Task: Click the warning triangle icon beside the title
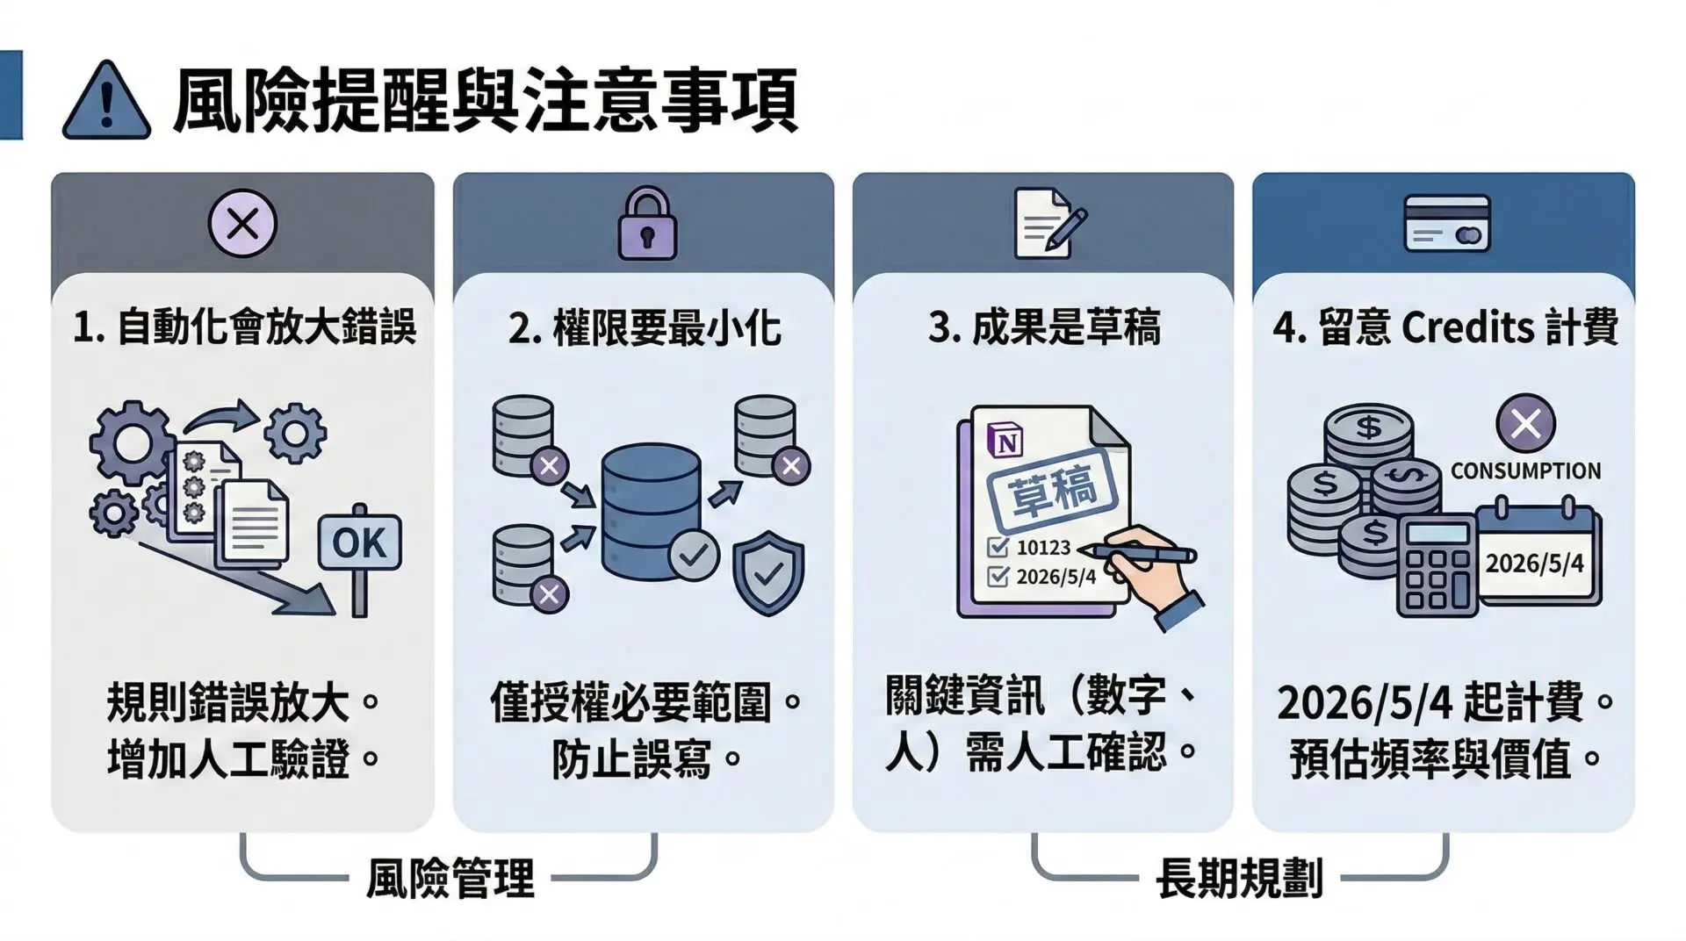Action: [x=106, y=101]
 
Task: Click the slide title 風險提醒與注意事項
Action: [x=486, y=101]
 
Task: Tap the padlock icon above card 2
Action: [x=647, y=223]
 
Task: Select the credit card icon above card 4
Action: [x=1447, y=223]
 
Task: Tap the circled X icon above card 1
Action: [x=242, y=223]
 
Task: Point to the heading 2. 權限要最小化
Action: [x=645, y=327]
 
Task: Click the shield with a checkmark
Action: [x=768, y=573]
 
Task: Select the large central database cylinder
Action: [x=651, y=512]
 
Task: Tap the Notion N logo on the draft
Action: [x=1006, y=441]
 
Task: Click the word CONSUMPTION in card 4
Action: [x=1525, y=471]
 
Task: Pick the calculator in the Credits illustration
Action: [x=1437, y=564]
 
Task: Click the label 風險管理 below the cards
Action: [x=450, y=878]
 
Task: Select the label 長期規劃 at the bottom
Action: [x=1239, y=878]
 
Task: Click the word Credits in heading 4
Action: [x=1468, y=327]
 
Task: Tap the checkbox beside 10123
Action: [x=998, y=548]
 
